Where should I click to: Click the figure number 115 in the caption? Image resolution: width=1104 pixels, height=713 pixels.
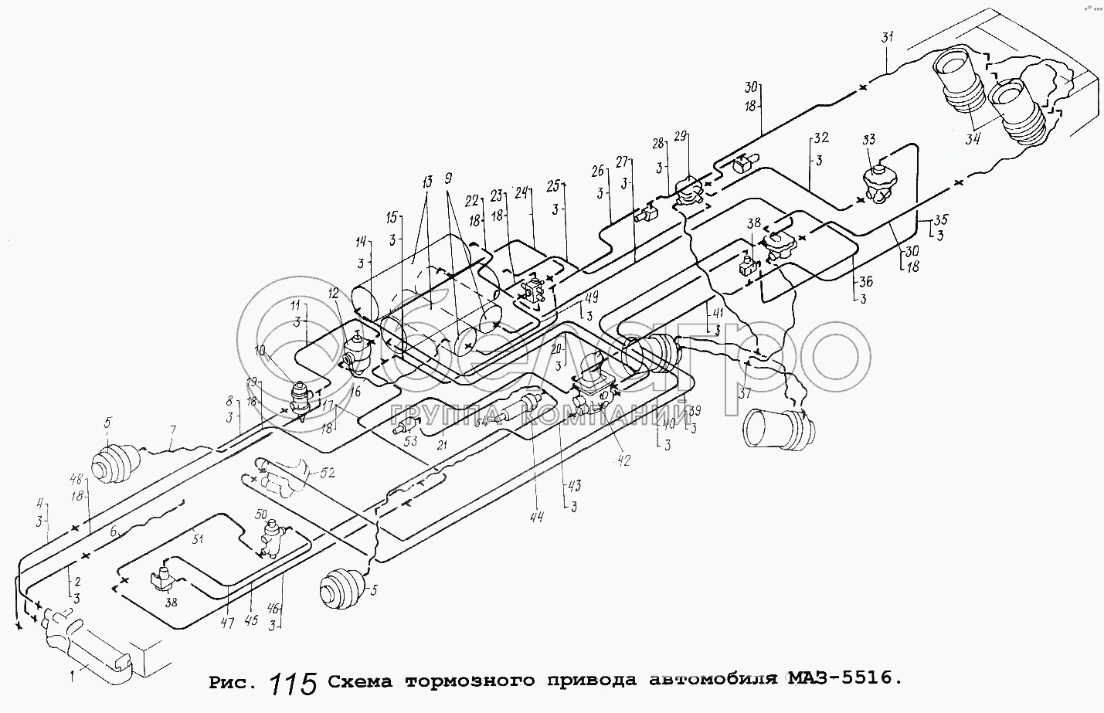[x=294, y=684]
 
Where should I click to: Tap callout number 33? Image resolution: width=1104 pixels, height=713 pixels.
[x=869, y=140]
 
